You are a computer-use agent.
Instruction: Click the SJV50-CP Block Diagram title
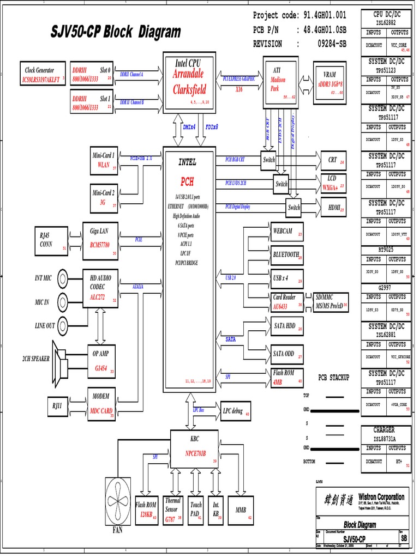(x=115, y=32)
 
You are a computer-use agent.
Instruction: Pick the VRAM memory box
(x=330, y=82)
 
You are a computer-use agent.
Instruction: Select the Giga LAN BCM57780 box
(x=103, y=238)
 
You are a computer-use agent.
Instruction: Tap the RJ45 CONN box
(x=51, y=240)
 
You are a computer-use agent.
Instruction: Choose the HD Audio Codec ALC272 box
(x=103, y=288)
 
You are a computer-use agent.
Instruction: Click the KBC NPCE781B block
(x=194, y=448)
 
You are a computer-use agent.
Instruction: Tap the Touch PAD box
(x=196, y=509)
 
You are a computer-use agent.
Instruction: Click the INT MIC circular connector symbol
(x=63, y=279)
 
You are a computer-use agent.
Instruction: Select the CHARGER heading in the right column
(x=384, y=430)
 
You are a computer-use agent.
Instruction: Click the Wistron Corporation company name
(x=381, y=497)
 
